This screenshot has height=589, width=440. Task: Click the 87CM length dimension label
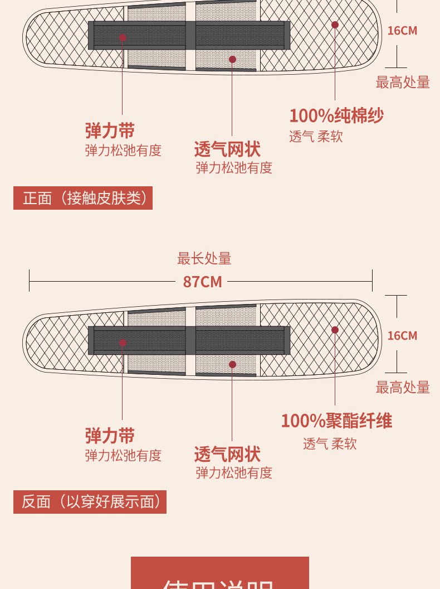point(202,282)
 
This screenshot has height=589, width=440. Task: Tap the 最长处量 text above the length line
point(204,258)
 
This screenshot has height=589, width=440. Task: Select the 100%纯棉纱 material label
point(336,115)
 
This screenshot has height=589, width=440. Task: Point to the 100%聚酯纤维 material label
point(336,421)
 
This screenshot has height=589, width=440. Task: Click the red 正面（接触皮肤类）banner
point(83,198)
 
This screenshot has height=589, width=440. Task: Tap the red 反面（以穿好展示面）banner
point(90,502)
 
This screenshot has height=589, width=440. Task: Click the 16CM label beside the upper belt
point(402,31)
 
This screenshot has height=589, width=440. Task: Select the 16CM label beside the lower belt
point(402,336)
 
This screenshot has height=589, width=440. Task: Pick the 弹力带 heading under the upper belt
point(110,131)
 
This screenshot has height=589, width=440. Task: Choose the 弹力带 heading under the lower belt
point(110,436)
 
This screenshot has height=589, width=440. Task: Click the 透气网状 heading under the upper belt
point(227,149)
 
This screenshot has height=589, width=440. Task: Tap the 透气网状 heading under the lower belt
point(227,454)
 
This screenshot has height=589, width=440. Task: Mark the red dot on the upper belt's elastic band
point(123,37)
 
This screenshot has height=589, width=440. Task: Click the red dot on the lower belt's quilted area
point(335,330)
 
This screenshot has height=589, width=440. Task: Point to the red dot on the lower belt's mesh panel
point(232,364)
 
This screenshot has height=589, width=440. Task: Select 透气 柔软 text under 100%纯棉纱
point(316,136)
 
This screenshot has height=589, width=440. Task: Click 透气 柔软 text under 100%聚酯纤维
point(330,444)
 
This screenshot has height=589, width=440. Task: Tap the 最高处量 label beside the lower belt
point(403,387)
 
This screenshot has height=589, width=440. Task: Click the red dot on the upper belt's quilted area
point(335,25)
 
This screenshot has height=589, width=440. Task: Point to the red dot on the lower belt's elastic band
point(123,342)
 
